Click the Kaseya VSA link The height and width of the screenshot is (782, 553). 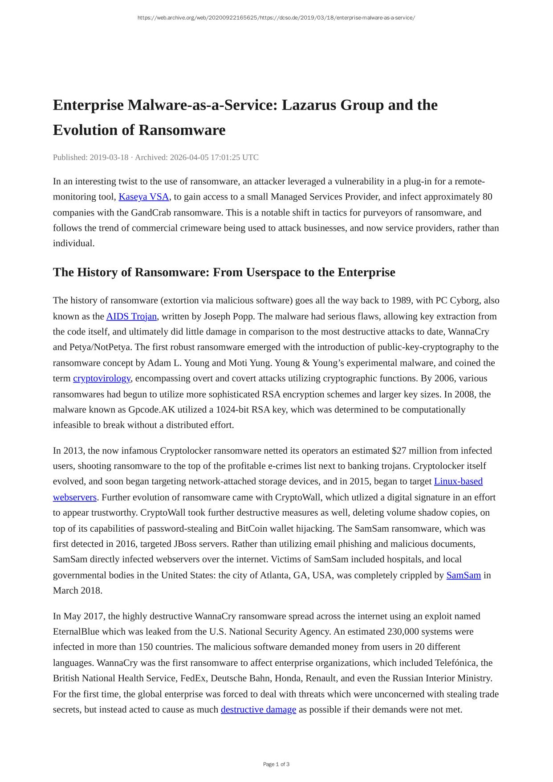pos(143,197)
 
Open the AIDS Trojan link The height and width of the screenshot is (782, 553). pos(131,316)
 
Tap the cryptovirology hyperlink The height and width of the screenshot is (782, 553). pos(102,378)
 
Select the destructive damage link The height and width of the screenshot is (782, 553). pos(258,709)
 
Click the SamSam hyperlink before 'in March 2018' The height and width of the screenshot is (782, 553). pos(463,575)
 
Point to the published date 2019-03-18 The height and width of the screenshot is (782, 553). pos(109,157)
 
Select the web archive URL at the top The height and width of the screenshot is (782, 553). pos(276,18)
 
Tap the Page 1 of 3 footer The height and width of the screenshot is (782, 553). pos(276,764)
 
